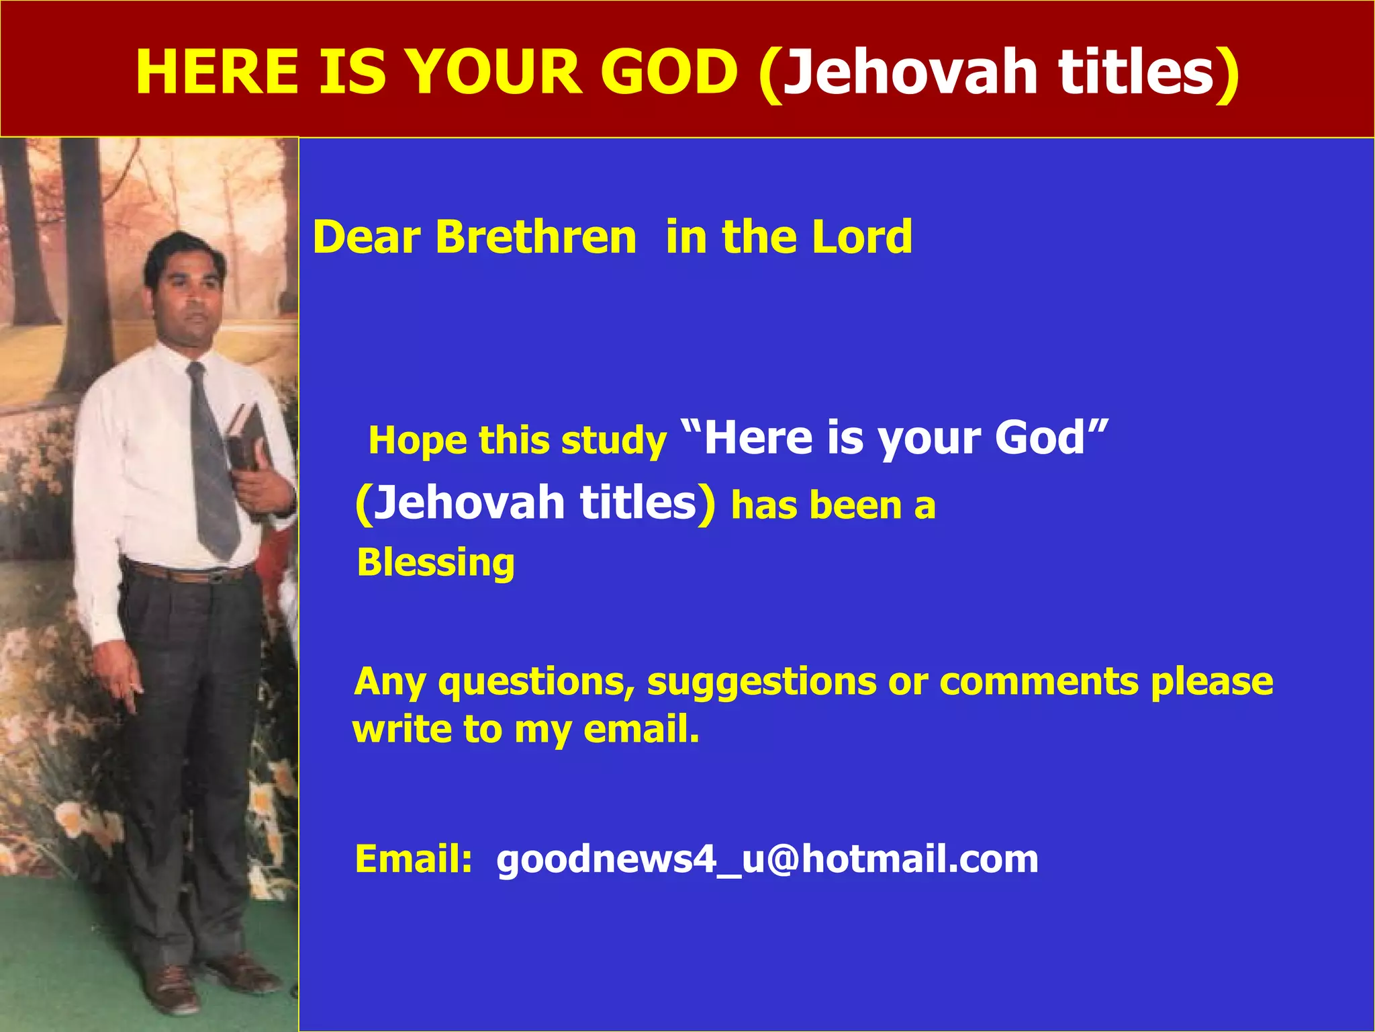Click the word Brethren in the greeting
point(535,237)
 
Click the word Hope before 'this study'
point(418,441)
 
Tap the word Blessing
point(436,563)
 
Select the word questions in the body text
point(536,683)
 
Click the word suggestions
point(761,683)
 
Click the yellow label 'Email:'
point(414,859)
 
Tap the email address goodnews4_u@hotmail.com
point(767,859)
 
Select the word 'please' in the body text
point(1212,681)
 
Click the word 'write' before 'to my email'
point(402,730)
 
